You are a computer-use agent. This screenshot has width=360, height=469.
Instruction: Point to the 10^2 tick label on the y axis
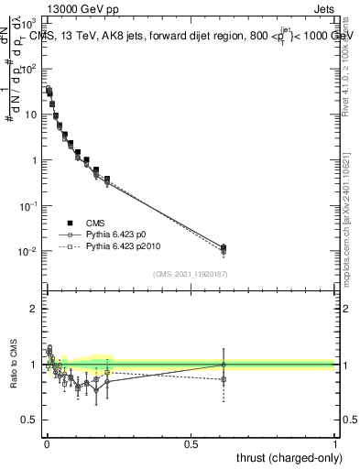coord(29,69)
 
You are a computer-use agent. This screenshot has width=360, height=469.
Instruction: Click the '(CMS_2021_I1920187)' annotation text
coord(190,273)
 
